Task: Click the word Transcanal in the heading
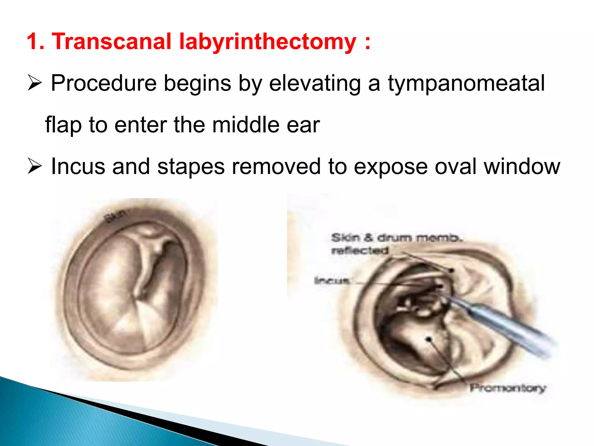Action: [x=111, y=41]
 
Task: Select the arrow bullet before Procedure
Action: [x=35, y=83]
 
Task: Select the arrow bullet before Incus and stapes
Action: [x=35, y=166]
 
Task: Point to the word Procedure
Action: [x=104, y=83]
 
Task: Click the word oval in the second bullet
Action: [x=455, y=166]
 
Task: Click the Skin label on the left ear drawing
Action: [x=115, y=216]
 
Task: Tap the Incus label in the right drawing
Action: [x=332, y=281]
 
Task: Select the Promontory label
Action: [x=508, y=388]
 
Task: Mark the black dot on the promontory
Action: [x=429, y=339]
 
